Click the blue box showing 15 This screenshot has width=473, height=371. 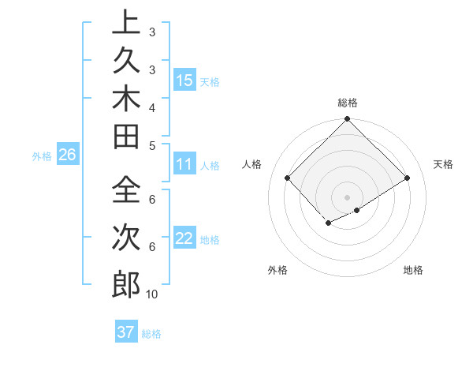coord(184,81)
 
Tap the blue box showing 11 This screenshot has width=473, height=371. coord(184,165)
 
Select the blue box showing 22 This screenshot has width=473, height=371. coord(184,238)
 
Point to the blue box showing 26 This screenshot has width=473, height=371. coord(68,156)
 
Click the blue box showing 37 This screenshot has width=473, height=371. coord(125,332)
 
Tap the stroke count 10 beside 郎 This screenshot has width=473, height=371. coord(152,294)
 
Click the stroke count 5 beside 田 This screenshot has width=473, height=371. coord(152,145)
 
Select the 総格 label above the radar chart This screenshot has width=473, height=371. coord(348,103)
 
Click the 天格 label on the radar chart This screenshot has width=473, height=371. coord(443,164)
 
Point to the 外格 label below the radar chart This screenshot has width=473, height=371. coord(277,270)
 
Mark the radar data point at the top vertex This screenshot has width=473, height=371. coord(348,120)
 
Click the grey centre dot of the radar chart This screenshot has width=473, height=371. coord(348,197)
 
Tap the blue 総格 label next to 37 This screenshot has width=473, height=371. coord(151,334)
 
